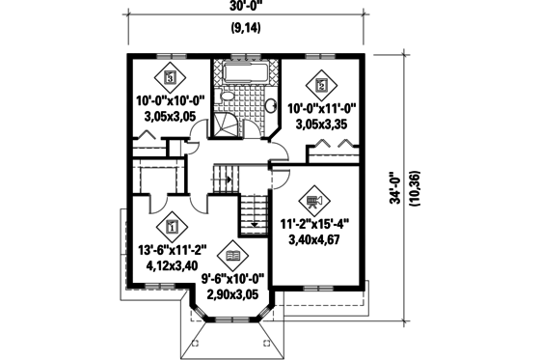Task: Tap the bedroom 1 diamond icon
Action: click(x=170, y=228)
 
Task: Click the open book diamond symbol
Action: click(x=231, y=256)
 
